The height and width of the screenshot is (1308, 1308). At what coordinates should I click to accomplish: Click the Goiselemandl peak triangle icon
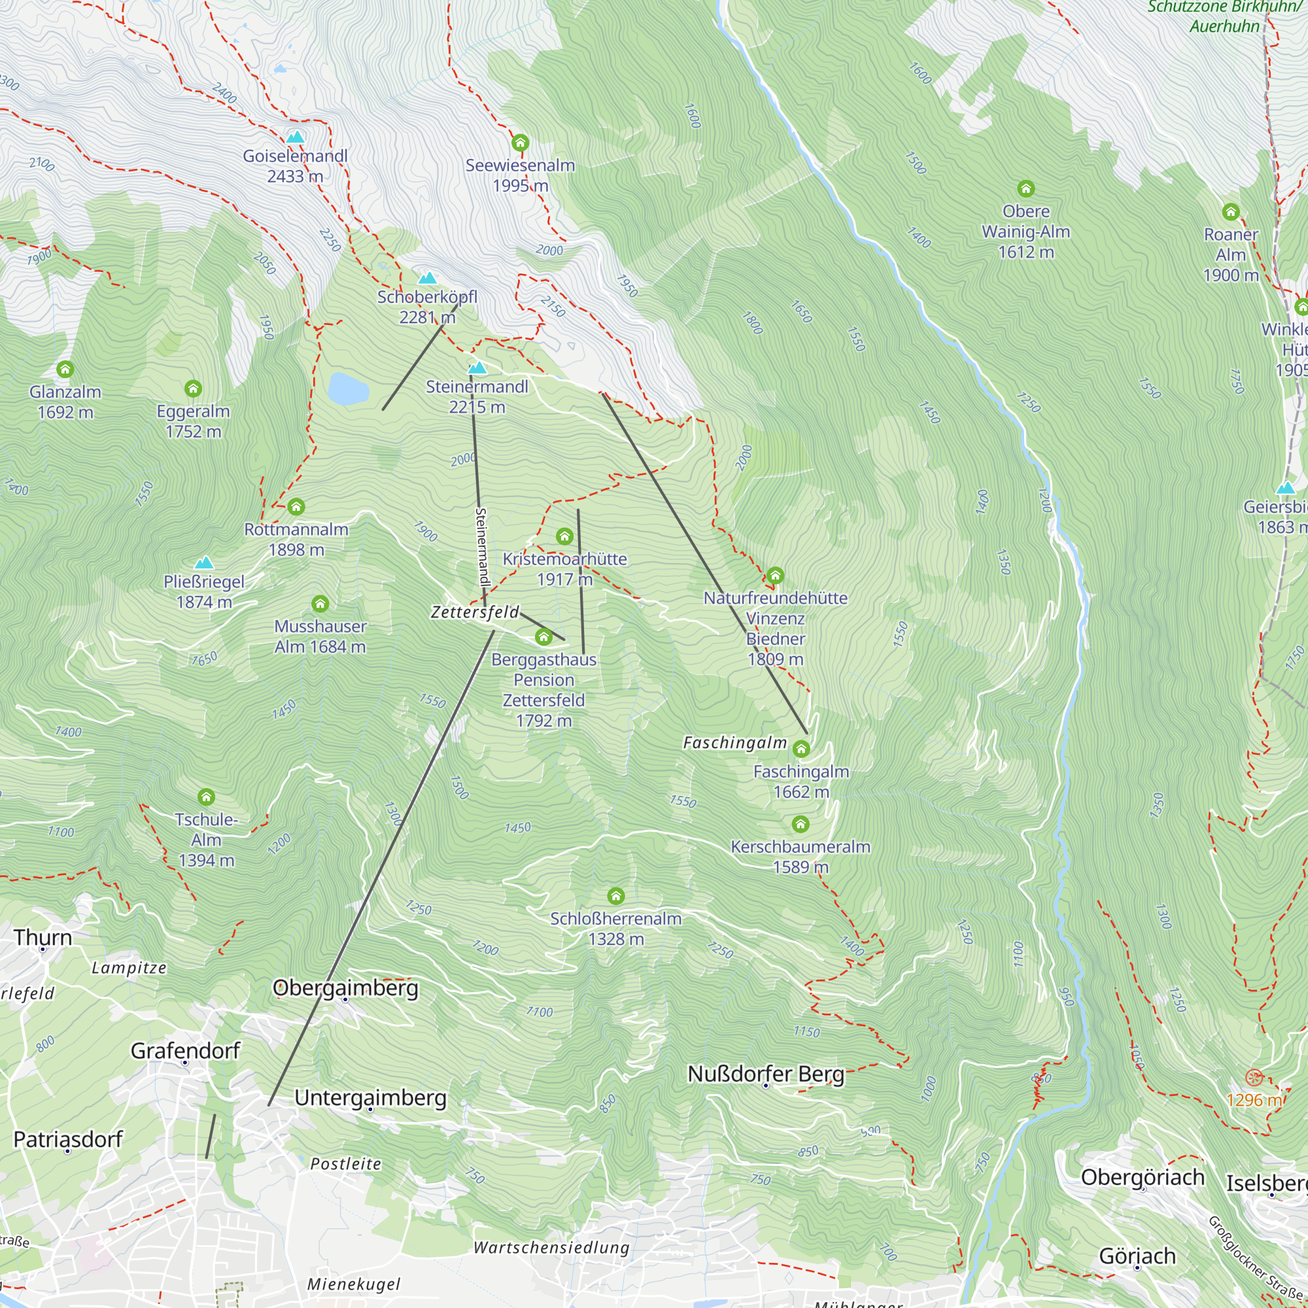point(294,137)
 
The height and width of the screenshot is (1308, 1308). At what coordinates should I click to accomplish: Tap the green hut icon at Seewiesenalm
point(520,143)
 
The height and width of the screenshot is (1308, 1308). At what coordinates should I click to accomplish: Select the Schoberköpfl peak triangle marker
point(427,278)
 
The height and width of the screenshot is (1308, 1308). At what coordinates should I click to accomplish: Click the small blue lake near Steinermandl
point(348,389)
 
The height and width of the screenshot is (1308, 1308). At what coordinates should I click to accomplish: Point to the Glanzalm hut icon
point(65,369)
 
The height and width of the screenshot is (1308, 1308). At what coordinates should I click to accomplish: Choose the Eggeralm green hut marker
point(193,388)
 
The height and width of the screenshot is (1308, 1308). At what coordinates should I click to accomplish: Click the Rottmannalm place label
point(296,530)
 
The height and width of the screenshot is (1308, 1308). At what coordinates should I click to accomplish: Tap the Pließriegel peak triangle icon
point(204,562)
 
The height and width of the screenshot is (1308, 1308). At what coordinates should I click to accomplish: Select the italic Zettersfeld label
point(475,612)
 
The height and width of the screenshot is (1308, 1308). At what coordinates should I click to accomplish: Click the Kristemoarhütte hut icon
point(564,537)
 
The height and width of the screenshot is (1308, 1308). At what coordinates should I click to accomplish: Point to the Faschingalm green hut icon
point(801,749)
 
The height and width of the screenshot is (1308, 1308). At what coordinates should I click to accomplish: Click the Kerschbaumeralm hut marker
point(800,824)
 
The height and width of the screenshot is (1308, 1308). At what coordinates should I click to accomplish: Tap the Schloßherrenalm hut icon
point(615,897)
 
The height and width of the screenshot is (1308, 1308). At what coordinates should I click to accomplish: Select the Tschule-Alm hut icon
point(207,797)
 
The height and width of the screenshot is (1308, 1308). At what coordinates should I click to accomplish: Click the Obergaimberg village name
point(345,988)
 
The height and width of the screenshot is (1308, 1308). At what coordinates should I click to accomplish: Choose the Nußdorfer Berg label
point(766,1075)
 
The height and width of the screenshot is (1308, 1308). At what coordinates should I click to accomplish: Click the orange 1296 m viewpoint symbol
point(1254,1077)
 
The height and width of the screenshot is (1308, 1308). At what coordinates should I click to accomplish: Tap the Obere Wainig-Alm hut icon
point(1025,189)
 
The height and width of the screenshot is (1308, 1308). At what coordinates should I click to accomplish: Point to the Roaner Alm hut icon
point(1230,212)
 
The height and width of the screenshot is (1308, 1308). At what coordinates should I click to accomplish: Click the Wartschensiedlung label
point(551,1247)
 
